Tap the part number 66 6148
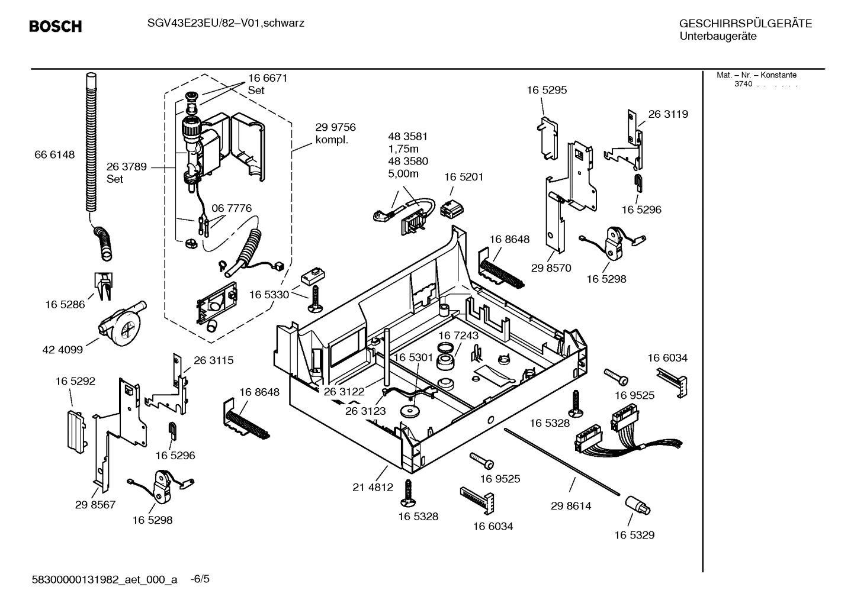point(54,155)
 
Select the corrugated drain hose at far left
point(91,142)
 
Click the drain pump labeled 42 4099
point(121,324)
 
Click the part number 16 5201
point(463,177)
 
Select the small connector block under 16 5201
point(454,208)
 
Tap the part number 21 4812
point(373,488)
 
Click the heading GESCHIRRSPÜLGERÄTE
point(745,24)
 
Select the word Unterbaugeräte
point(717,36)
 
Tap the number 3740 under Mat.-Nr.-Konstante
point(743,84)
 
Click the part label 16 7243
point(458,336)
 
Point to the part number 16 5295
point(546,90)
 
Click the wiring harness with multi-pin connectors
point(616,433)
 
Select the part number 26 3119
point(667,114)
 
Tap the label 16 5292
point(75,382)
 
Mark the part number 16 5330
point(269,295)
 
